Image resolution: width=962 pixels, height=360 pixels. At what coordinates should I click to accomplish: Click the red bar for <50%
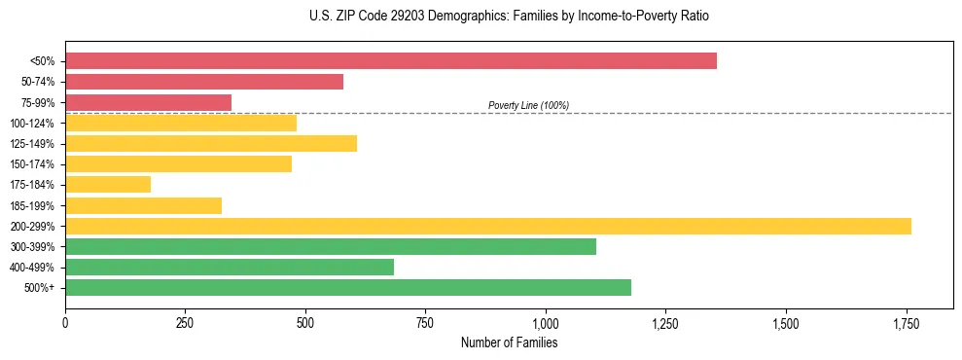pos(390,61)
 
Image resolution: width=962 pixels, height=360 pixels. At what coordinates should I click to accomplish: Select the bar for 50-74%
pos(204,82)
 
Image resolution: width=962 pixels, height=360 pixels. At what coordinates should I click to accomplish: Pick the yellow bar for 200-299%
pos(487,226)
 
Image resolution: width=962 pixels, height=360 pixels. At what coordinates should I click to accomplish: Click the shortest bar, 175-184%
pos(108,185)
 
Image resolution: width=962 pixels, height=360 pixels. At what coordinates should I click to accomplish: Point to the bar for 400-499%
pos(229,268)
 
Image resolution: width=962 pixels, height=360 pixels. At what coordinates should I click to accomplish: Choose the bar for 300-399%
pos(330,247)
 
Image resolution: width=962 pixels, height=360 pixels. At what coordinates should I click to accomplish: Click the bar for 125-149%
pos(211,144)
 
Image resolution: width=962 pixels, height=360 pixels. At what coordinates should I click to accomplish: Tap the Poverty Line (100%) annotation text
pos(528,105)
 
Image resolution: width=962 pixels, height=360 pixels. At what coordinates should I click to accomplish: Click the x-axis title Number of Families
pos(509,342)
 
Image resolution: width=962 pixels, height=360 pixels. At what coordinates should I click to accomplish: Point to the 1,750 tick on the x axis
pos(906,322)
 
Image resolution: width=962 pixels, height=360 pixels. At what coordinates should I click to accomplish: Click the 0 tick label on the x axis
pos(65,322)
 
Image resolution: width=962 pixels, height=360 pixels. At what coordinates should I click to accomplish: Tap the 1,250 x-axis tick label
pos(665,322)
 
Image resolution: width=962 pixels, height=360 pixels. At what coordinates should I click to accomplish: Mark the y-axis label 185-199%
pos(32,206)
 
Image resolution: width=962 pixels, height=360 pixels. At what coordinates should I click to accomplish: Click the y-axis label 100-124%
pos(32,124)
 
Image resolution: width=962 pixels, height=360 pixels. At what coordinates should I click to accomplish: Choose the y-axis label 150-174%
pos(32,164)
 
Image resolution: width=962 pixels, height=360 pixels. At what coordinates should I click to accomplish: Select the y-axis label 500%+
pos(40,288)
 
